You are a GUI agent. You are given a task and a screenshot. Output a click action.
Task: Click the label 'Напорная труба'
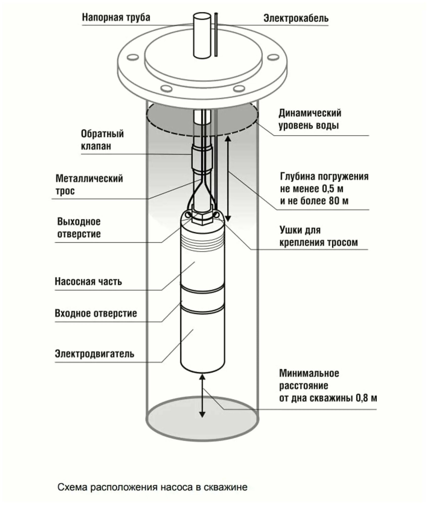(116, 18)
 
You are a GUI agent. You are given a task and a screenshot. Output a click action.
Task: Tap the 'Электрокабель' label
(296, 18)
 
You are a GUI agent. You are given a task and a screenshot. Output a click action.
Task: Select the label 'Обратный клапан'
(102, 140)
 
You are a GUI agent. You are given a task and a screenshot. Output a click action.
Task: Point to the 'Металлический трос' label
(89, 185)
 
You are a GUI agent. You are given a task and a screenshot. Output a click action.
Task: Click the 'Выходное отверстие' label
(79, 228)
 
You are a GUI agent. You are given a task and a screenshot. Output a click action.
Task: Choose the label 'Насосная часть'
(88, 281)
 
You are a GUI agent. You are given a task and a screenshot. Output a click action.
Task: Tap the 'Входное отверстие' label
(96, 313)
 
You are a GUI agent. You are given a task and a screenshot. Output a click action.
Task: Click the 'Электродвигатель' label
(94, 354)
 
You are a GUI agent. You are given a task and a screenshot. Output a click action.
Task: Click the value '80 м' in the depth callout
(339, 201)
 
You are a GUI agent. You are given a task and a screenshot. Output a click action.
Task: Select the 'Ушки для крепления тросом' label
(318, 236)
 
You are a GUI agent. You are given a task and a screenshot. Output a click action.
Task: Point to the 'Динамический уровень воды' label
(310, 119)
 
